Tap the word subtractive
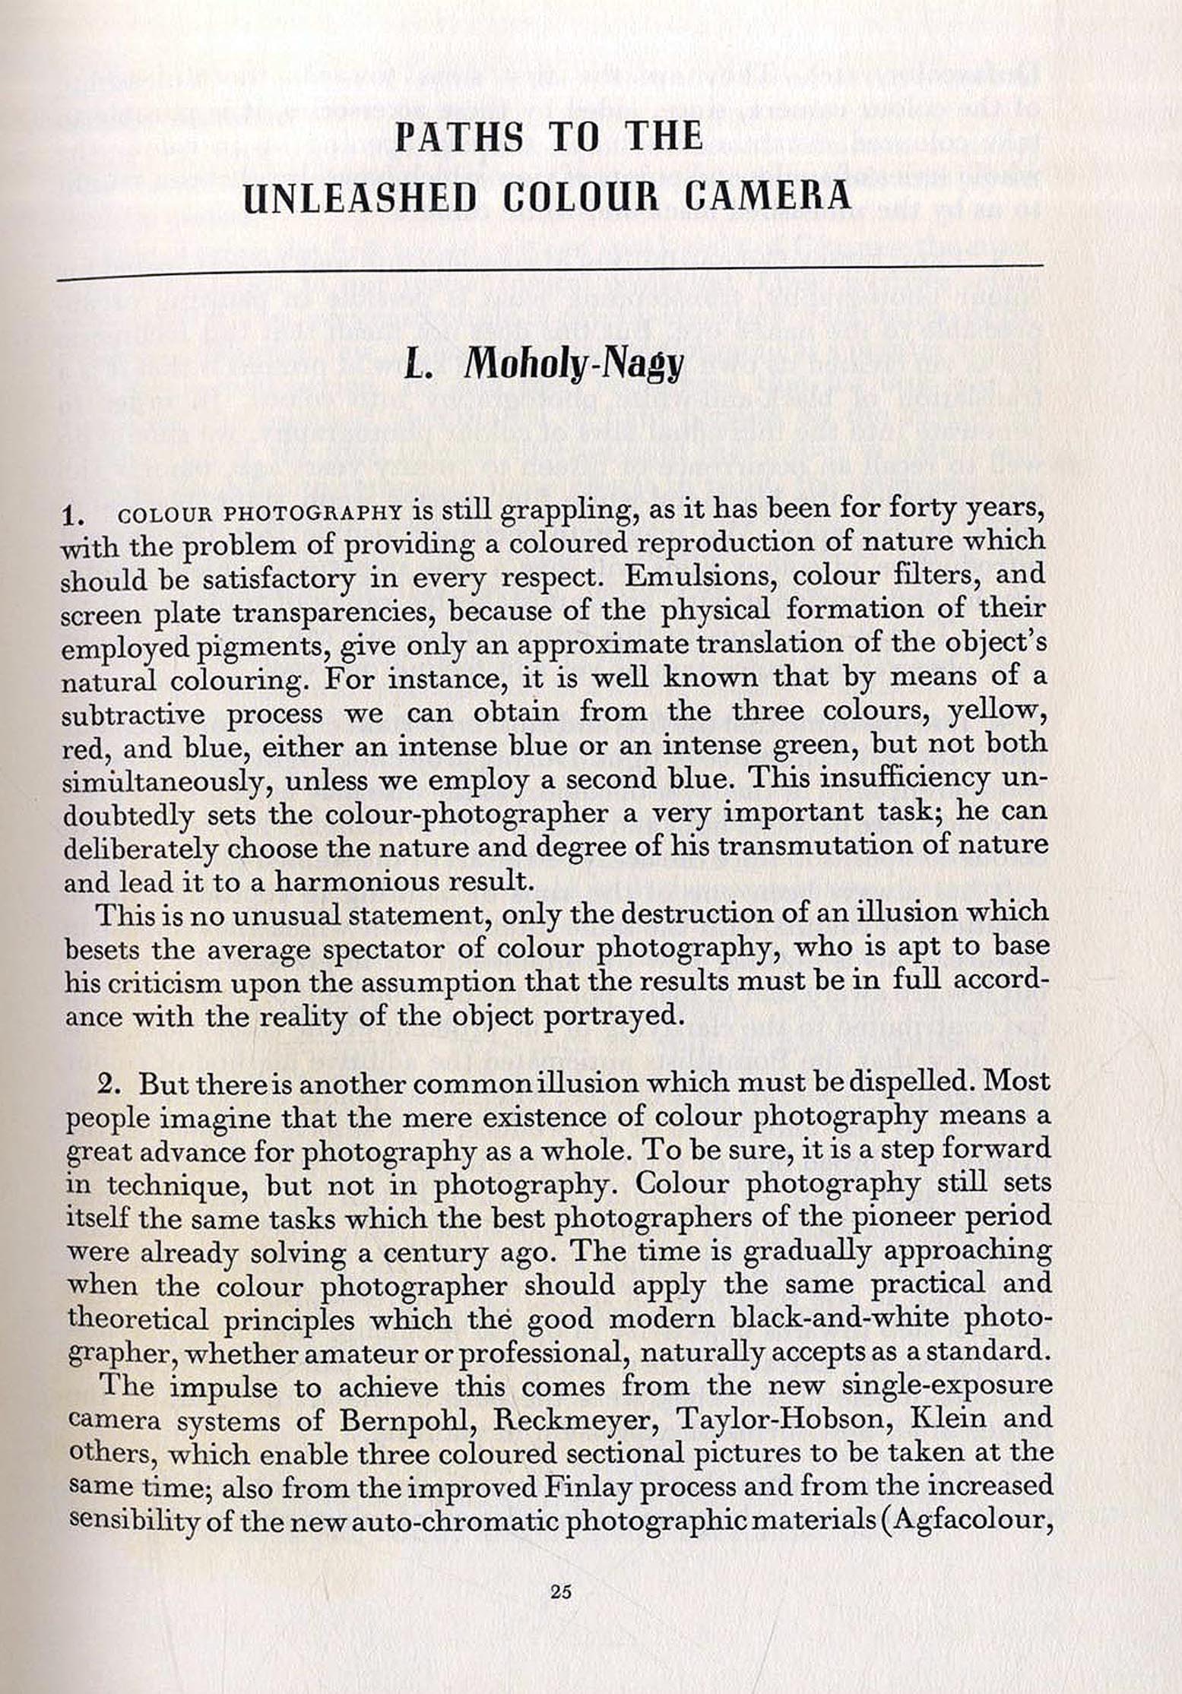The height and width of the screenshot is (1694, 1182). point(133,716)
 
